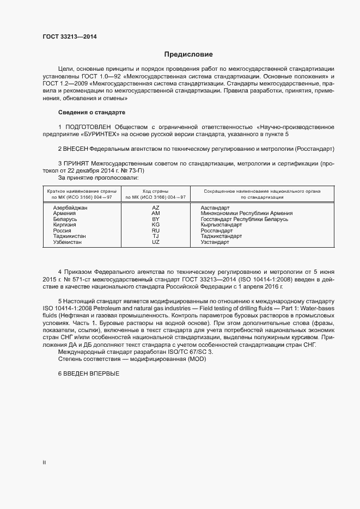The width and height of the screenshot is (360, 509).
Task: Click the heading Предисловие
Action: click(188, 54)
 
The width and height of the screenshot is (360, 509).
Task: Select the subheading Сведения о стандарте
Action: click(91, 112)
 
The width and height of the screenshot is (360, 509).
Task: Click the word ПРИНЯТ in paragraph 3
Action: click(77, 163)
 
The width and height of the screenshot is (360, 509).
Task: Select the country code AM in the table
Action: click(155, 213)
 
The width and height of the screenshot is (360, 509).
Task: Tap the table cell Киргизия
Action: click(65, 225)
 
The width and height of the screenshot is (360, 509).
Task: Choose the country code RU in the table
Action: click(155, 230)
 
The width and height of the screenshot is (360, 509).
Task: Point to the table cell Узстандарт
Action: click(215, 242)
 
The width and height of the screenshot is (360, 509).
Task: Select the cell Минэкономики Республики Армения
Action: click(246, 213)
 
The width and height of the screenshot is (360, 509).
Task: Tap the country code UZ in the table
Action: click(155, 242)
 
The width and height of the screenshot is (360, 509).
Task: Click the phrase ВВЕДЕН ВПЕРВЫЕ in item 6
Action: click(91, 374)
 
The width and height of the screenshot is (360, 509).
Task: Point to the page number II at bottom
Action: click(44, 462)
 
